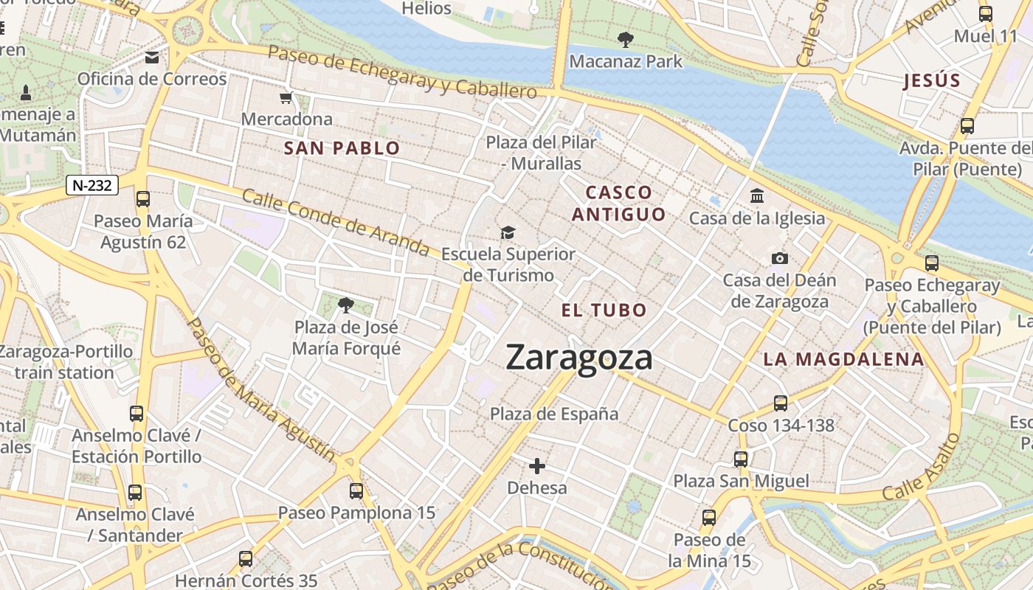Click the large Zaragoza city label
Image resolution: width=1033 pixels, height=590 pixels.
[x=579, y=358]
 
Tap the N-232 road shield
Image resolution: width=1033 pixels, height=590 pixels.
[x=92, y=185]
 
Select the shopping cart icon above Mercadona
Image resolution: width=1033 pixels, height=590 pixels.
[x=286, y=98]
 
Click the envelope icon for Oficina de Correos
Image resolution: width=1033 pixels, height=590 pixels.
[x=152, y=58]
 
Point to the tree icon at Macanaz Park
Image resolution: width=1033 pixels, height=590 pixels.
[x=626, y=40]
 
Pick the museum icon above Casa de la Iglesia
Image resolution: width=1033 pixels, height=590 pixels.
[x=756, y=196]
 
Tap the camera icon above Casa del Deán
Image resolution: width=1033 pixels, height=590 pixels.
[x=779, y=258]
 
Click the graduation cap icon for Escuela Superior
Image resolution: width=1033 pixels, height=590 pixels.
[x=508, y=233]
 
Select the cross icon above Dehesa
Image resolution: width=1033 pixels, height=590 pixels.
[x=537, y=466]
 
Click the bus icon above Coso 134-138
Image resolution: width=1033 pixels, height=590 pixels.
[x=781, y=403]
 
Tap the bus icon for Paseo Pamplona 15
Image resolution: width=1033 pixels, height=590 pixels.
[x=356, y=490]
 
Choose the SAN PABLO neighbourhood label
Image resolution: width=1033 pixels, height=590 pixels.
[x=342, y=148]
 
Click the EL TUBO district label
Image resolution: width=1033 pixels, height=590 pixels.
[x=604, y=310]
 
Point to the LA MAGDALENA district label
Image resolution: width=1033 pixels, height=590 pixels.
[x=843, y=360]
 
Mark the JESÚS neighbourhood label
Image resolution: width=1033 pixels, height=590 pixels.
[x=932, y=81]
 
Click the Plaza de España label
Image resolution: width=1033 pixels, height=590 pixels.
[x=554, y=414]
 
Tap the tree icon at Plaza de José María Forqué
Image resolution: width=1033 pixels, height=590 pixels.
[x=345, y=305]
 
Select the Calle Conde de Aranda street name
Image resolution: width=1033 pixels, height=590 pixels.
[x=336, y=223]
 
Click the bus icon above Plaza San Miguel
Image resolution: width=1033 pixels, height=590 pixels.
[x=741, y=459]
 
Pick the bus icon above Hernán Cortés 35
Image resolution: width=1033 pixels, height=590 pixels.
[x=246, y=559]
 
